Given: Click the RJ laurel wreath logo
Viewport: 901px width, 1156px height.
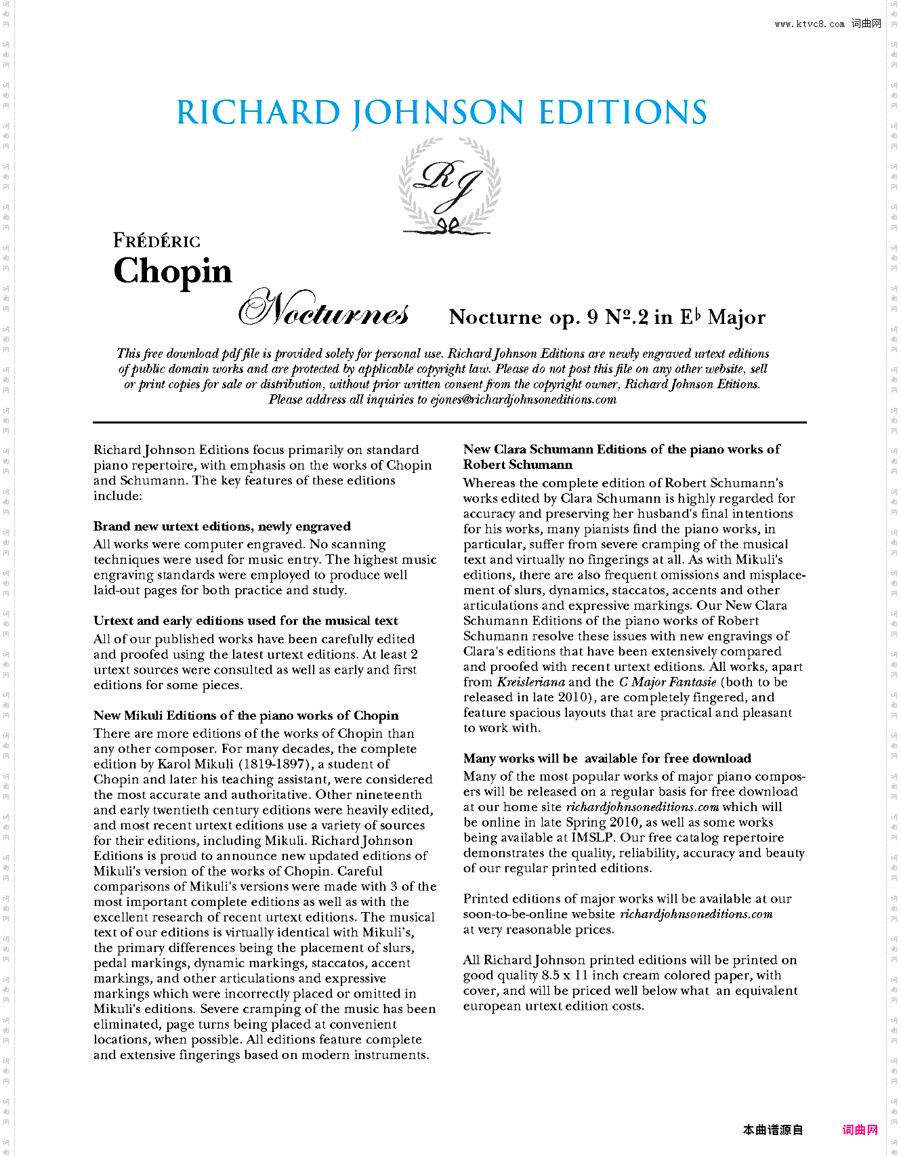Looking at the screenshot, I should pos(449,186).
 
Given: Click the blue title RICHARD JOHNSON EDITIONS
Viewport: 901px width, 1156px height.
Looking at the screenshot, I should pos(441,112).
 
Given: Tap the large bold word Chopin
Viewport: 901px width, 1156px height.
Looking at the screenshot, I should pos(173,271).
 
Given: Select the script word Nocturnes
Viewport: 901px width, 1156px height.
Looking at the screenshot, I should pos(324,308).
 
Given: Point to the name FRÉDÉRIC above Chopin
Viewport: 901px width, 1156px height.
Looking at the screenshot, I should pos(156,241).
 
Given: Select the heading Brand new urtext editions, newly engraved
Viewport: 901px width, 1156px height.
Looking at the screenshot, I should pos(222,527).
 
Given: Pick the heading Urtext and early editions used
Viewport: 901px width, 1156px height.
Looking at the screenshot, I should pos(245,621).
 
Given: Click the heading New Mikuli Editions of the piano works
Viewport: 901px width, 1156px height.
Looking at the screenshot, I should pos(246,716).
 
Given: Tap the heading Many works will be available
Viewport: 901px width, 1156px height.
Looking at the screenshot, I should pos(607,758).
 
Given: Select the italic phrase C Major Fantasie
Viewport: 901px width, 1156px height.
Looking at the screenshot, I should pos(667,682).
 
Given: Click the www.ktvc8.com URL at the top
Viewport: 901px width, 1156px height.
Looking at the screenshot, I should pos(809,24).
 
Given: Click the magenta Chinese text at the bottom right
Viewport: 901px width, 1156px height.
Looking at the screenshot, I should pos(860,1130).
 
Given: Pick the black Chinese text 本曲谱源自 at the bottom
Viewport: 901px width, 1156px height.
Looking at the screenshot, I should pos(772,1130).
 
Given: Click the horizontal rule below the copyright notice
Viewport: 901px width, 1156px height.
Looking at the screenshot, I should pos(449,422).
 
